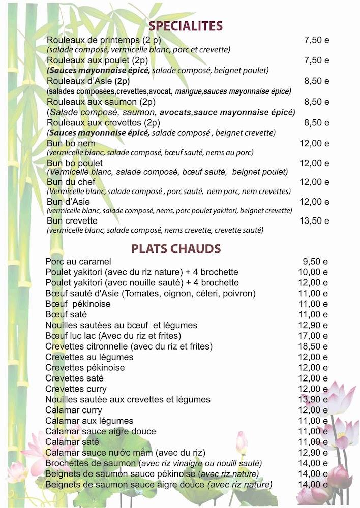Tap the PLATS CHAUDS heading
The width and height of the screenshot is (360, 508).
point(176,249)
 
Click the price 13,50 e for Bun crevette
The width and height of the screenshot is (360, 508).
point(314,221)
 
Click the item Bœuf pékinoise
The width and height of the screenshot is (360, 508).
point(78,304)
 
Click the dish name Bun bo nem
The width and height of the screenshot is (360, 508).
point(71,143)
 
